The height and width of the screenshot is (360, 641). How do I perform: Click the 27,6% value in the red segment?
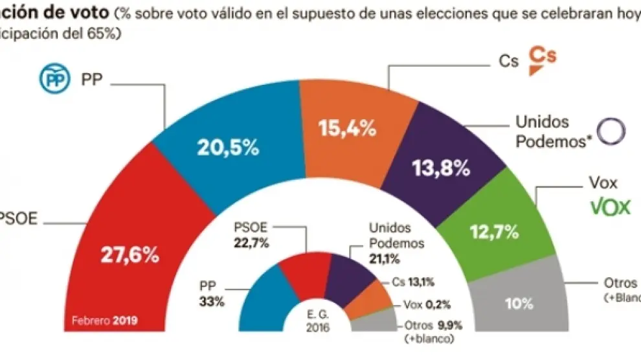tap(129, 254)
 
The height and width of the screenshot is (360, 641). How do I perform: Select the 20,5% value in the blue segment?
tap(229, 148)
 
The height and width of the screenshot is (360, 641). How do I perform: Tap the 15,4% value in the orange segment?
tap(347, 129)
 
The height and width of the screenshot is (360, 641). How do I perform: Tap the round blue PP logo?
tap(54, 80)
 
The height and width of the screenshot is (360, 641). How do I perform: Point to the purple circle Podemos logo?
tap(611, 131)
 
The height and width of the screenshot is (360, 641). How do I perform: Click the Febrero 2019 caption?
tap(106, 321)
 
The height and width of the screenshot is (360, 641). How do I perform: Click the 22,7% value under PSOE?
tap(251, 243)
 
